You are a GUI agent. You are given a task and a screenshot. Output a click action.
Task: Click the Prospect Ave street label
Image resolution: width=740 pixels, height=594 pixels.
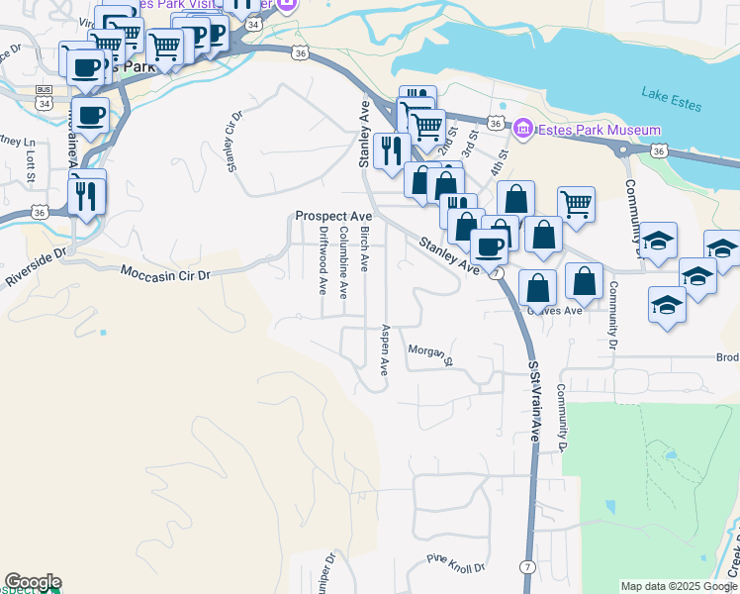(x=333, y=216)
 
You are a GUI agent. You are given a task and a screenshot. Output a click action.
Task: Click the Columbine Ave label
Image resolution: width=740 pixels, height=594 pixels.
(x=343, y=262)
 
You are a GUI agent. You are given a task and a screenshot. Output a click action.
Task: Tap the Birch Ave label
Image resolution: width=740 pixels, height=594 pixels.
(x=364, y=248)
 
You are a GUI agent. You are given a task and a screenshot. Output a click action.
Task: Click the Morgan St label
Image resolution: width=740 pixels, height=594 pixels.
(x=430, y=354)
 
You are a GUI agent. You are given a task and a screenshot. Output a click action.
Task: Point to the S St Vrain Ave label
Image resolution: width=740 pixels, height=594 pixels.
(x=534, y=401)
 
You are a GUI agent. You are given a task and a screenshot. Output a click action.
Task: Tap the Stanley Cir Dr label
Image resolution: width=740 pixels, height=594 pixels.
(x=234, y=141)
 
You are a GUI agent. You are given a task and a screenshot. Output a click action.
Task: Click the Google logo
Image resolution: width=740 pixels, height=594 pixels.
(x=33, y=582)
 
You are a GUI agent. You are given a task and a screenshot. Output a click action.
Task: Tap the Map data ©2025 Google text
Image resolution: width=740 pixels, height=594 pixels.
(x=678, y=586)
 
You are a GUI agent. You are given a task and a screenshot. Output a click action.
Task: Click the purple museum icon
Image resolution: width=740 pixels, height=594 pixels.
(x=522, y=130)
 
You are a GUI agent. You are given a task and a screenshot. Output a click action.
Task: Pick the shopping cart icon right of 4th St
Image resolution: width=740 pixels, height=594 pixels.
(x=576, y=204)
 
